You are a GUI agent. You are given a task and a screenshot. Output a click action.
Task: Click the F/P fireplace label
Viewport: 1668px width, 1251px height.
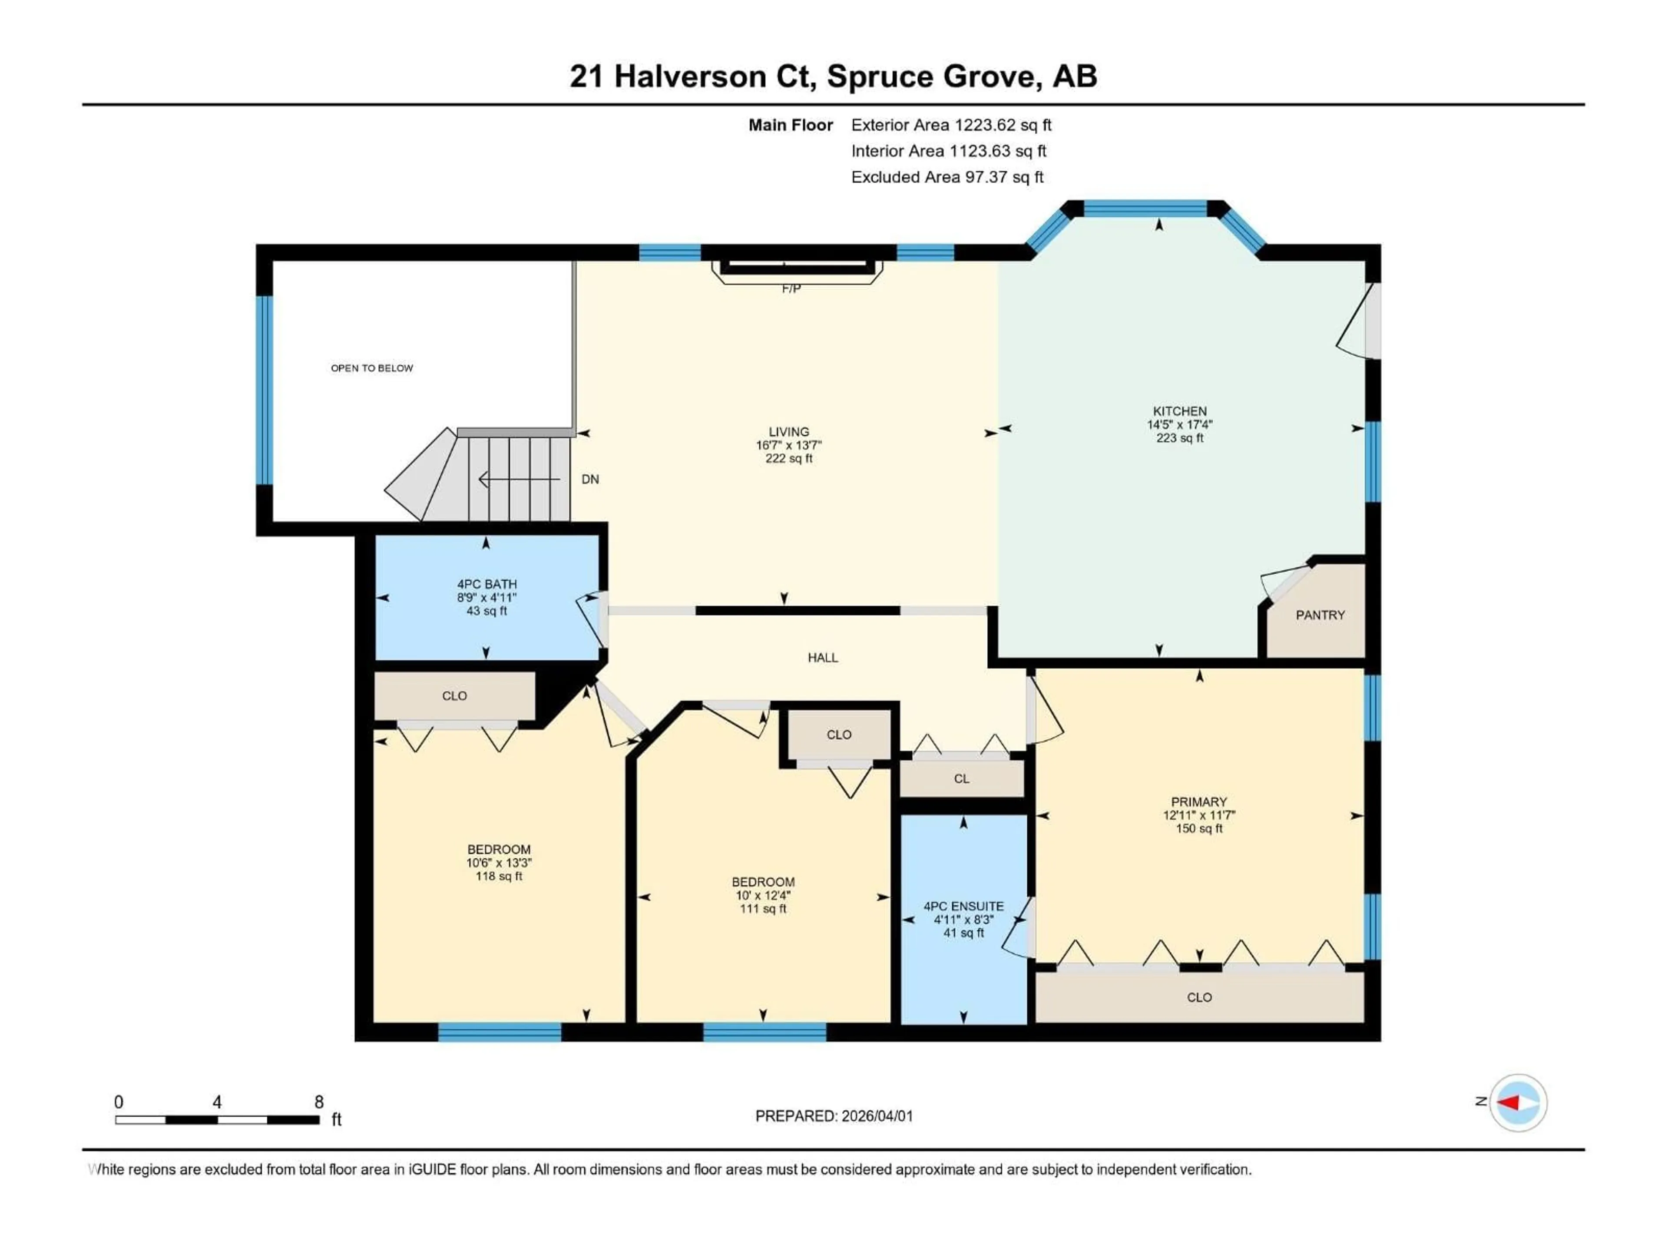coord(790,289)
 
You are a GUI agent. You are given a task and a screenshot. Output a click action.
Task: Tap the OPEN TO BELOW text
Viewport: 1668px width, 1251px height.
coord(372,368)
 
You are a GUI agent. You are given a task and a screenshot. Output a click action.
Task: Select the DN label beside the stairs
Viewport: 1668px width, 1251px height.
coord(590,480)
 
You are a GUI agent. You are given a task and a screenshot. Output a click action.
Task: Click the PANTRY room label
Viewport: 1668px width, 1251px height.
coord(1320,616)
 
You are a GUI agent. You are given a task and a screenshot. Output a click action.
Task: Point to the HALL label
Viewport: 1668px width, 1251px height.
coord(823,658)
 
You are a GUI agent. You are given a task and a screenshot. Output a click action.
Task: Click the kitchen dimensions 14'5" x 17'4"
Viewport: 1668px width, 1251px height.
coord(1179,424)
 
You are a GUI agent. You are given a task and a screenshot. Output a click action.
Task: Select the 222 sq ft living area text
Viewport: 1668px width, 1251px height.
coord(789,458)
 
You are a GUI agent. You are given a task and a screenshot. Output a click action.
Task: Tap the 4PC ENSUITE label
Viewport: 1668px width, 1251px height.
coord(963,907)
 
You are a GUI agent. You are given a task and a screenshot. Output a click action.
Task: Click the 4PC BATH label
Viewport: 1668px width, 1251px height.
coord(486,584)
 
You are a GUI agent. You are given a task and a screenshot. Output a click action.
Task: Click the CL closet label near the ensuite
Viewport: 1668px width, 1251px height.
coord(961,779)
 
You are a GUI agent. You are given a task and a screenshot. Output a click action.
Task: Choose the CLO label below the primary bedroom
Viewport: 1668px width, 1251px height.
coord(1199,998)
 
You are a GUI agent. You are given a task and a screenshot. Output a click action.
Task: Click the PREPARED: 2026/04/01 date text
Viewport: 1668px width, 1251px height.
coord(834,1116)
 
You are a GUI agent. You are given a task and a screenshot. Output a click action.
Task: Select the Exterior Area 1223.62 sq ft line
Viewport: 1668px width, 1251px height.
coord(951,125)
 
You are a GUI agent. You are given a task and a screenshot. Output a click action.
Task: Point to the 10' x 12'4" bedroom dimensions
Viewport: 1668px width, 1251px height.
coord(762,896)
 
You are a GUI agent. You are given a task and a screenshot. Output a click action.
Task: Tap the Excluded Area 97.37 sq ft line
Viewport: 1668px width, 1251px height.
coord(947,177)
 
